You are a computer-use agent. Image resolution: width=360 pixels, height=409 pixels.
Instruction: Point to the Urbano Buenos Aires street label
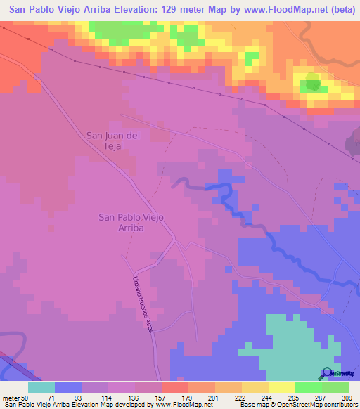(141, 304)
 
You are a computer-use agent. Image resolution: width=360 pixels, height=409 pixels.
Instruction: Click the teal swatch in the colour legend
(41, 387)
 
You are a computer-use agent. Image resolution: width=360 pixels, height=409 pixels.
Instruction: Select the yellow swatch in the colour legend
(282, 387)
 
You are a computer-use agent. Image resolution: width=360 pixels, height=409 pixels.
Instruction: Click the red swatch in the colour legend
(175, 387)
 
